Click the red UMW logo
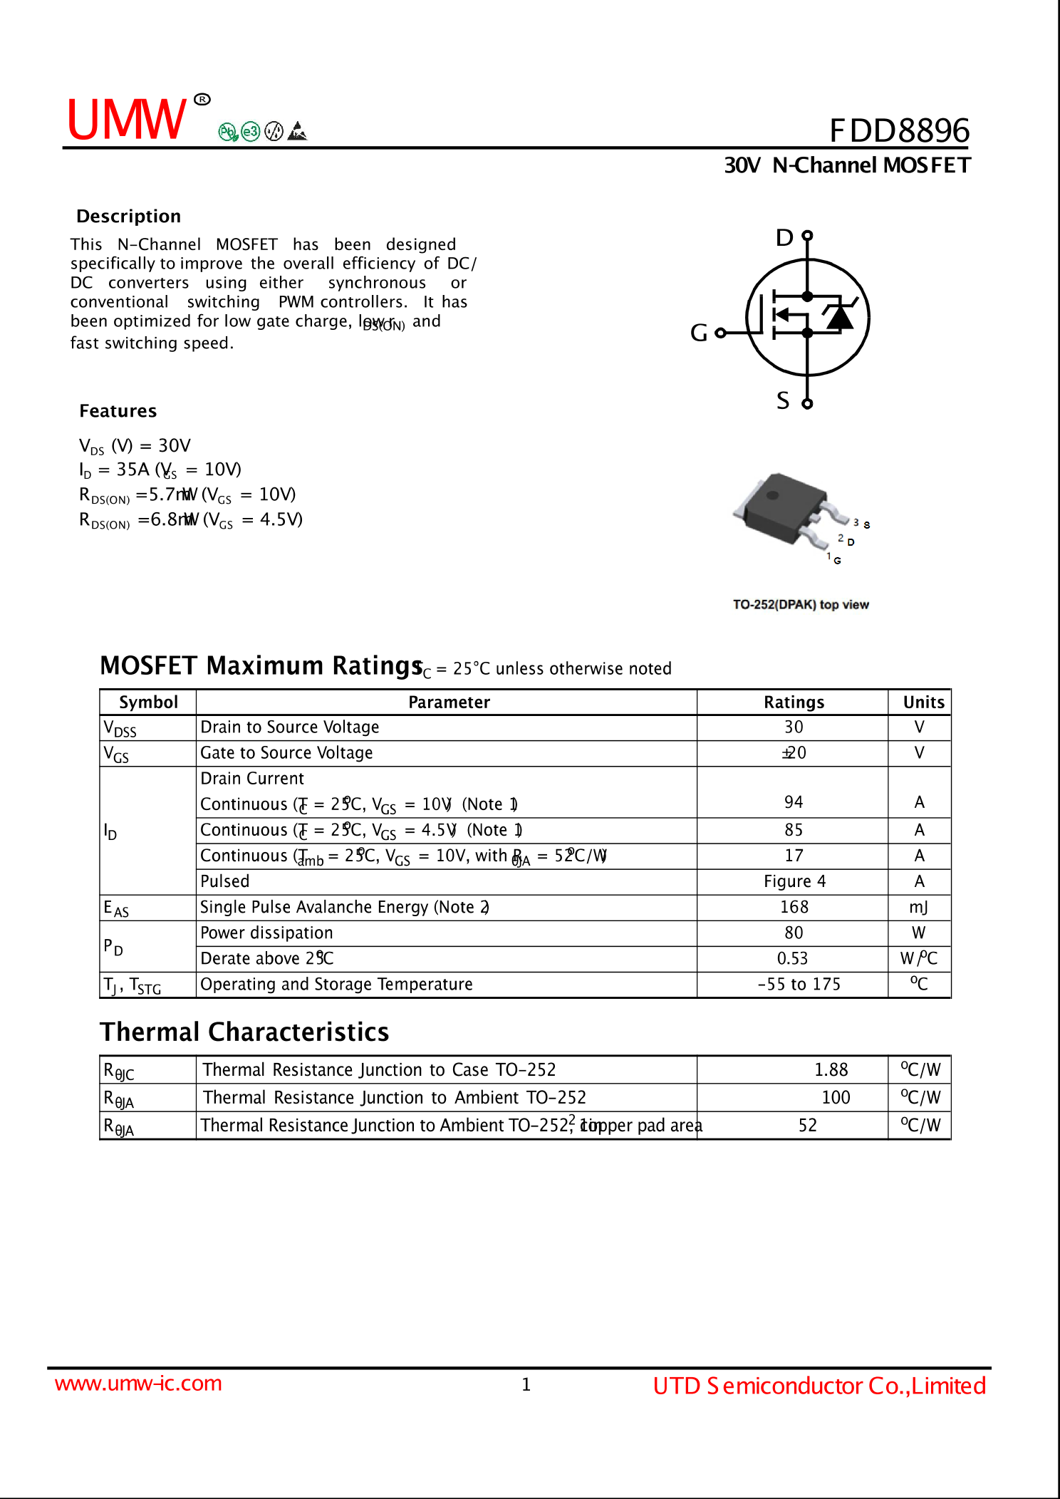[127, 119]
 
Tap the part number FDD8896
[899, 131]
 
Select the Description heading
[129, 217]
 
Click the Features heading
[118, 411]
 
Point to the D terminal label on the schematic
[784, 238]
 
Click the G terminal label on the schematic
[699, 333]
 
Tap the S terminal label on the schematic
[783, 401]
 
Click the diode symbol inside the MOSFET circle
[840, 316]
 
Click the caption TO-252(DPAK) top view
[801, 605]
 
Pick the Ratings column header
[794, 702]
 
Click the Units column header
[923, 702]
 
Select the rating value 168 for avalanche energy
[794, 907]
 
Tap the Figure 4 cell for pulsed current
[794, 881]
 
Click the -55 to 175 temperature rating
[799, 985]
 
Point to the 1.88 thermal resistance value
[831, 1070]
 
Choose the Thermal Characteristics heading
[244, 1032]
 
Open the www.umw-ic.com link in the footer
[138, 1384]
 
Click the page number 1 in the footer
[526, 1384]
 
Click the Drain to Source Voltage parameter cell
[290, 727]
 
